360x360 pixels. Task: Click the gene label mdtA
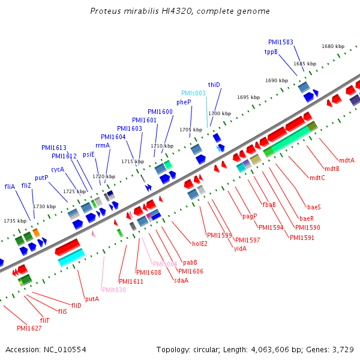point(347,160)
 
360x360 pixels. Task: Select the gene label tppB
point(271,52)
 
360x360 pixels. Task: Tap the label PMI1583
point(281,42)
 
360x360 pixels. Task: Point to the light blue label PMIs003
point(194,93)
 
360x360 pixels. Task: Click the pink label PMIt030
point(114,290)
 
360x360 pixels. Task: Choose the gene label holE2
point(200,244)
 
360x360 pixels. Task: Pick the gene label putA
point(92,298)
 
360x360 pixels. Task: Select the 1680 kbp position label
point(333,46)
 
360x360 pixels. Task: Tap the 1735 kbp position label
point(15,221)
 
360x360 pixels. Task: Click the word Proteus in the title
point(103,11)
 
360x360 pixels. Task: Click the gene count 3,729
point(341,349)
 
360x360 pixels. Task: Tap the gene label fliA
point(10,187)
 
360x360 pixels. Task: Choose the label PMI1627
point(29,328)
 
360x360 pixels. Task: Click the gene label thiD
point(214,85)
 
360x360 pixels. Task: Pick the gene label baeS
point(314,207)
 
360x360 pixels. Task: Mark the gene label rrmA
point(103,145)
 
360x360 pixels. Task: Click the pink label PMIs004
point(165,264)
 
